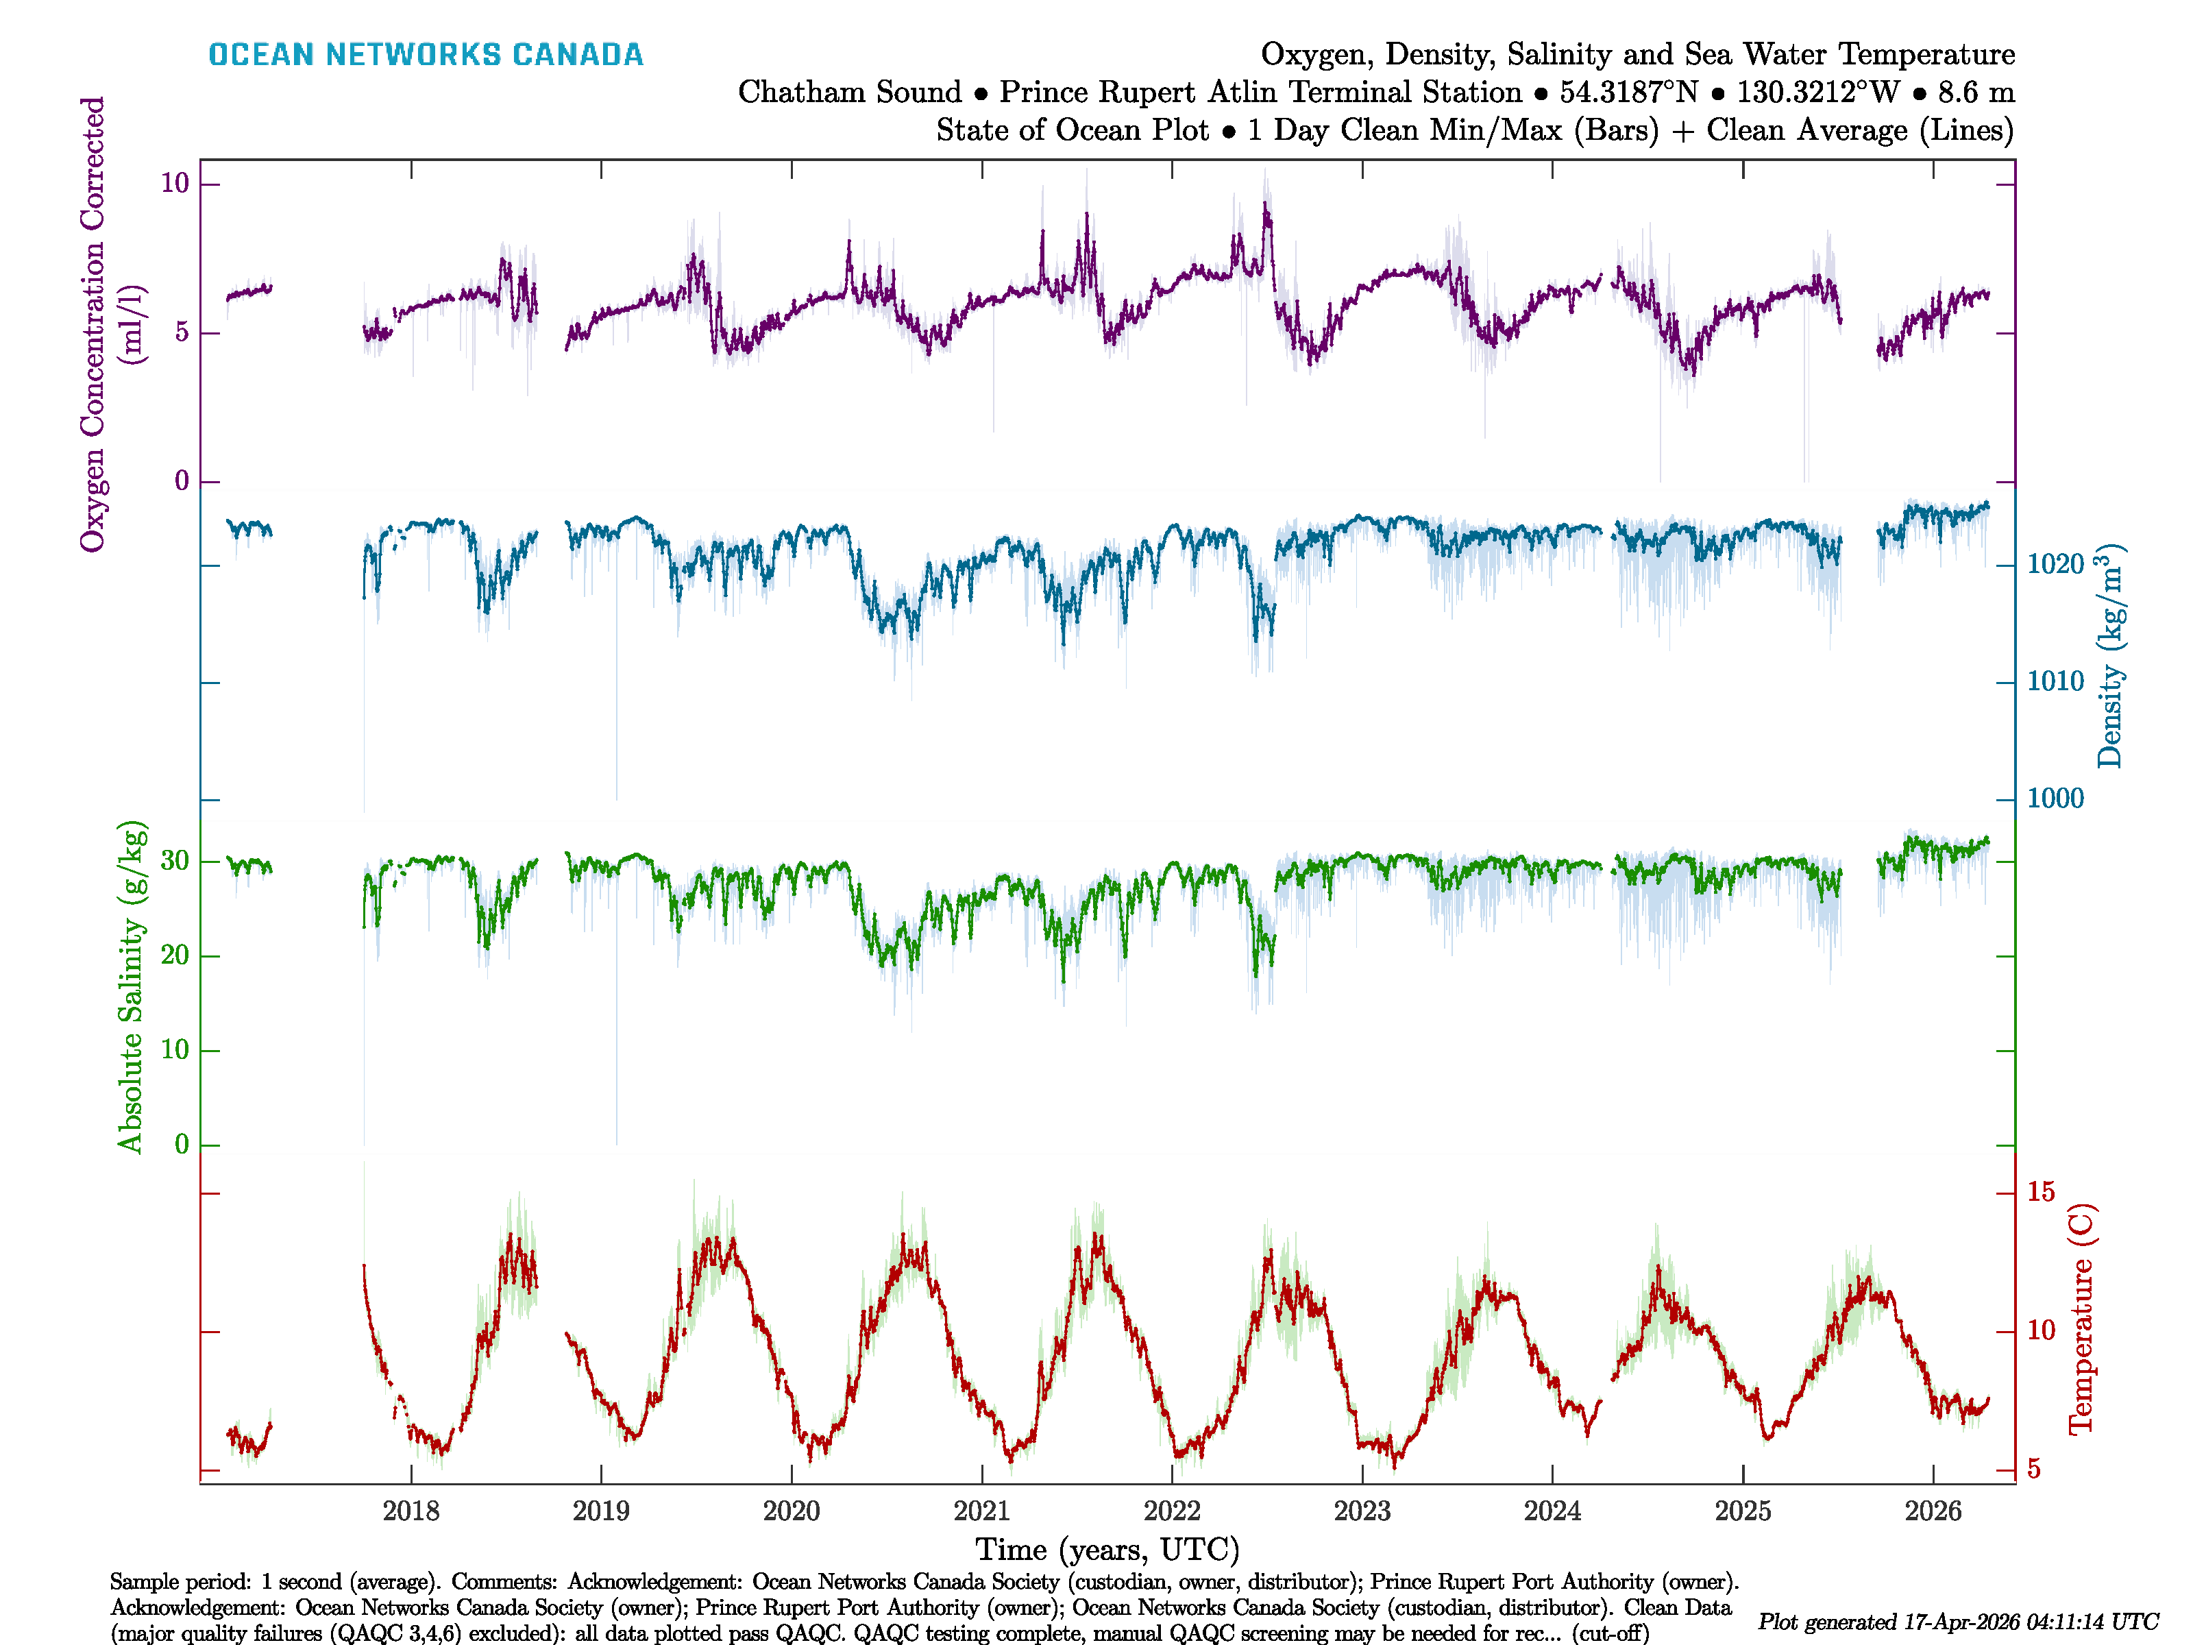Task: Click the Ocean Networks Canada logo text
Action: click(x=426, y=55)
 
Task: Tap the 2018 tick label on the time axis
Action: click(x=411, y=1511)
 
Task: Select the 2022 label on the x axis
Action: click(x=1172, y=1511)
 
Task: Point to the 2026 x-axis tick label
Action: click(x=1933, y=1511)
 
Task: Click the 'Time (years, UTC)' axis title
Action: click(x=1107, y=1550)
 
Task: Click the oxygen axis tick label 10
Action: click(x=175, y=184)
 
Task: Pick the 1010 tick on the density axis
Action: click(x=2055, y=681)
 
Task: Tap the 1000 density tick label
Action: click(x=2055, y=799)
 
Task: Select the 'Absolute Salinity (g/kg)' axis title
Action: click(x=131, y=986)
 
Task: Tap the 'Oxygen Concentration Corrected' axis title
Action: click(x=93, y=324)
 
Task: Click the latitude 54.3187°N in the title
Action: click(x=1628, y=93)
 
